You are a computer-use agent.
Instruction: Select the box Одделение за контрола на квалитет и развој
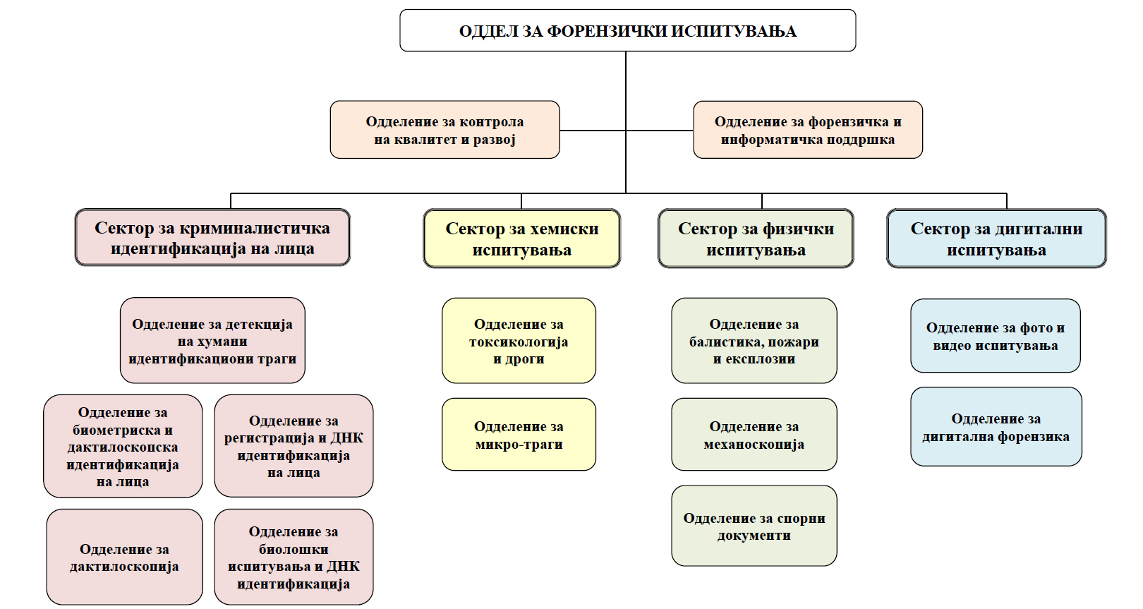(445, 130)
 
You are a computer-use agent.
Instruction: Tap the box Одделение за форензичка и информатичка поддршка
(807, 130)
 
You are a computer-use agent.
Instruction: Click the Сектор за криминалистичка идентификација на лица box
(212, 238)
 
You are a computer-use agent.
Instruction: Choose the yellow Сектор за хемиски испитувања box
(522, 239)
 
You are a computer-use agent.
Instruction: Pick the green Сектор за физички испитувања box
(756, 239)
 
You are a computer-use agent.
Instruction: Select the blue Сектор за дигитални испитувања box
(996, 239)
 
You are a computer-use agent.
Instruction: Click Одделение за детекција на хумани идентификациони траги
(212, 341)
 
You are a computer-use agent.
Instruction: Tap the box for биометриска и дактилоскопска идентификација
(123, 446)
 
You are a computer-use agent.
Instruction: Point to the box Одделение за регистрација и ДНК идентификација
(294, 446)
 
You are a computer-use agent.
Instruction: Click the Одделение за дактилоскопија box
(124, 557)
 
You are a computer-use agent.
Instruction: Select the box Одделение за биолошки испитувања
(294, 557)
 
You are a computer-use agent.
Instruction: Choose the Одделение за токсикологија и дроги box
(519, 341)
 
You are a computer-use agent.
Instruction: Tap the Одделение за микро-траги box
(519, 435)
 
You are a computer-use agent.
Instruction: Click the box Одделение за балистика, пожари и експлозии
(754, 341)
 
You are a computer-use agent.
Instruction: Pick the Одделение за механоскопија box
(754, 435)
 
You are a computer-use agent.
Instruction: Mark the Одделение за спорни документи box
(754, 526)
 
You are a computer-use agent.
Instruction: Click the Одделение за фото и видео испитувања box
(995, 336)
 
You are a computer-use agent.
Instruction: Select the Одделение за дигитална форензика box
(996, 427)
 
